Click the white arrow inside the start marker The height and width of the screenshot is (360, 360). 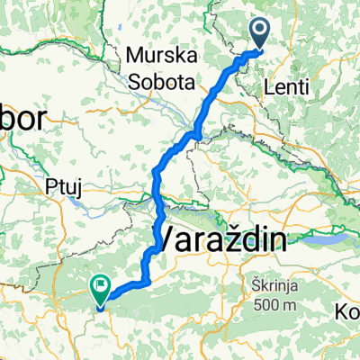point(260,32)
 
